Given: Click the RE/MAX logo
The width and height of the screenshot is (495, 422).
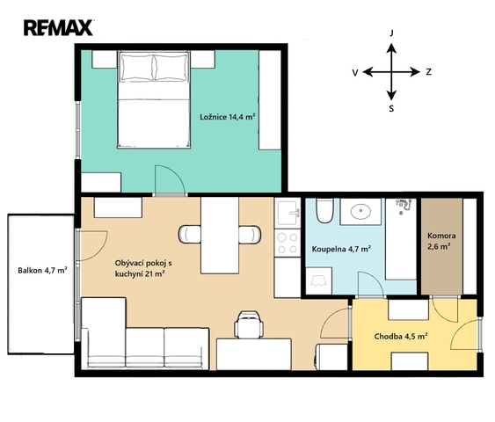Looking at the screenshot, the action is [x=58, y=28].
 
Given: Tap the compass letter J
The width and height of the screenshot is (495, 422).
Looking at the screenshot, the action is [x=392, y=33].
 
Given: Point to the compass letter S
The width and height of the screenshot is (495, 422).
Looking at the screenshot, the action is [x=391, y=109].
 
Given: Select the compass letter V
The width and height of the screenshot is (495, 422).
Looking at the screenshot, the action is [x=355, y=73].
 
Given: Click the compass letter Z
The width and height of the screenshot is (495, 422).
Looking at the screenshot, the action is [x=428, y=72].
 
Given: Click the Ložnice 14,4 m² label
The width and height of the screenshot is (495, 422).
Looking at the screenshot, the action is [x=228, y=117].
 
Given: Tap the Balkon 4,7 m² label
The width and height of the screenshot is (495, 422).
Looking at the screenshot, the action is [x=42, y=270].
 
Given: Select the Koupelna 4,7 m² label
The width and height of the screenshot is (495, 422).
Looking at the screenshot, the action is [x=341, y=249].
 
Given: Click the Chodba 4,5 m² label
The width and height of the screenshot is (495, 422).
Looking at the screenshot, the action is [x=401, y=336].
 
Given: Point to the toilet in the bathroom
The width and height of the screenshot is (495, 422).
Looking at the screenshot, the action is [x=324, y=210].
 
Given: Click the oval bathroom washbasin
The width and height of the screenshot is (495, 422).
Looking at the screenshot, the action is [x=360, y=212].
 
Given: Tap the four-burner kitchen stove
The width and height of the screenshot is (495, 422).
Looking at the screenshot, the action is [x=288, y=243].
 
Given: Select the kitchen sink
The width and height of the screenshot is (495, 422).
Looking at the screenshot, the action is [x=288, y=212].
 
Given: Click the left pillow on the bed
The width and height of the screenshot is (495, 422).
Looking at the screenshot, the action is [x=137, y=67].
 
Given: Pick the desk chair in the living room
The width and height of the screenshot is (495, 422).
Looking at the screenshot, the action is [x=249, y=324].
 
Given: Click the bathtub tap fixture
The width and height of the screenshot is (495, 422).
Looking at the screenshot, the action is [x=404, y=205].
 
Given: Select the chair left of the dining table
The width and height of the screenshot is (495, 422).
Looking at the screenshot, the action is [x=189, y=234].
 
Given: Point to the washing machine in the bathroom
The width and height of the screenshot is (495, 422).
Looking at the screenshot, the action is [x=318, y=281].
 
